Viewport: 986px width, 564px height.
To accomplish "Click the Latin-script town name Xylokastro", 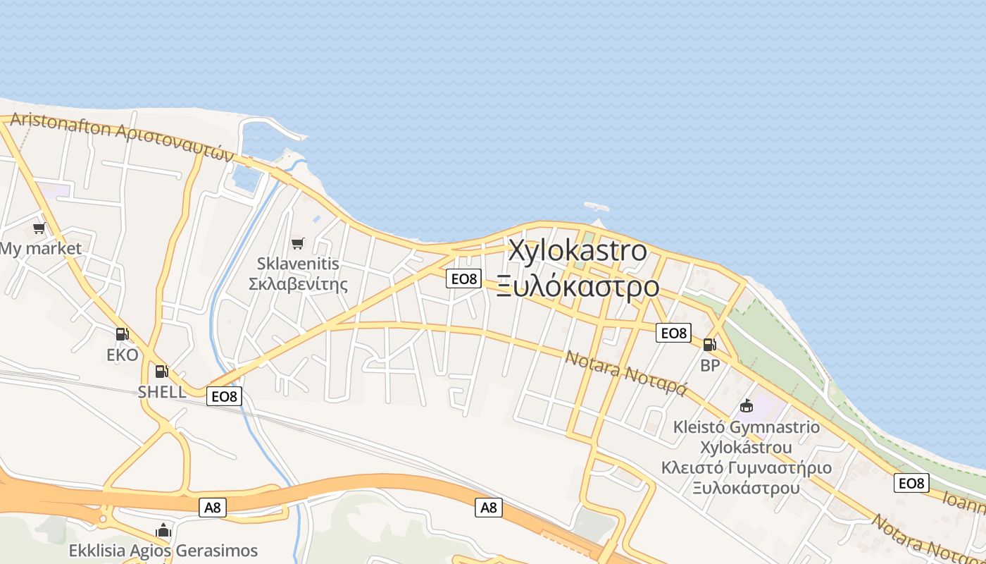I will (x=577, y=250).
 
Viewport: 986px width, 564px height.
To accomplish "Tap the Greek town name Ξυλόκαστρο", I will (x=578, y=287).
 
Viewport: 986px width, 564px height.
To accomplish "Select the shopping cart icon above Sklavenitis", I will (x=297, y=243).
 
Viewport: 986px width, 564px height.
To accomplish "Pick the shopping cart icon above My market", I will (x=39, y=228).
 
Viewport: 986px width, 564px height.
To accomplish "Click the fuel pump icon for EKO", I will (x=122, y=334).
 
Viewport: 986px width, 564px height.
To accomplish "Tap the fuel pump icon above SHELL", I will (x=161, y=371).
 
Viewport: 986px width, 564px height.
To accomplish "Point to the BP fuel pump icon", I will (x=709, y=345).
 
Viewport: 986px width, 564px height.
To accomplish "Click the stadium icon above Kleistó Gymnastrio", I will (x=747, y=406).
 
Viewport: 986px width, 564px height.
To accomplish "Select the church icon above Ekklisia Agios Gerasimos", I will (x=163, y=529).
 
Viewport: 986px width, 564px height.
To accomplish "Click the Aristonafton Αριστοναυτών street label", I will (x=121, y=136).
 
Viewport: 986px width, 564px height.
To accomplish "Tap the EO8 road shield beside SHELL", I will (x=225, y=396).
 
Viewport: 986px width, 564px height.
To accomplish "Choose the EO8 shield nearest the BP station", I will (x=673, y=333).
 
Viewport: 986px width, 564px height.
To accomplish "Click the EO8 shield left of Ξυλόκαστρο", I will (x=463, y=278).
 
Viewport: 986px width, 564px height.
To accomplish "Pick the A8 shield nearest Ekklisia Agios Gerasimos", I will (x=211, y=507).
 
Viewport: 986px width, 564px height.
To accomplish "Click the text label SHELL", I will (x=162, y=392).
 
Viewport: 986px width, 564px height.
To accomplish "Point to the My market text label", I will (x=41, y=248).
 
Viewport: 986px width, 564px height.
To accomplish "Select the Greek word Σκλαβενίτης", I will (x=299, y=284).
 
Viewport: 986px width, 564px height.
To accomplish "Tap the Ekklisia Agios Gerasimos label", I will (x=163, y=550).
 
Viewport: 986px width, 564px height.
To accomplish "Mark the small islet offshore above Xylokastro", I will (x=595, y=207).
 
